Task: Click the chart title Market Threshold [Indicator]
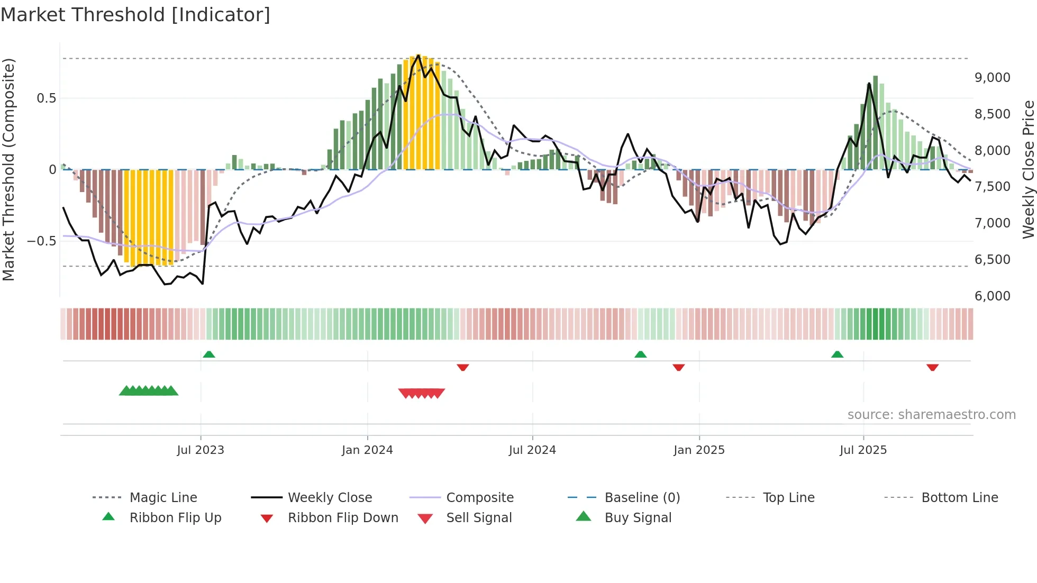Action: (135, 15)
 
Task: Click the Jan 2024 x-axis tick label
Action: (367, 450)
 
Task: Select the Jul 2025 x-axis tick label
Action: (863, 450)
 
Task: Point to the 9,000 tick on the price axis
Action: (993, 78)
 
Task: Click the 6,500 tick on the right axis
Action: (993, 260)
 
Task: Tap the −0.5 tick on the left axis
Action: (41, 241)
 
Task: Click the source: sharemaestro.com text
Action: (931, 415)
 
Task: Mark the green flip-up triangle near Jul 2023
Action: (209, 354)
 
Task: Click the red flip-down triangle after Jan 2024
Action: (463, 367)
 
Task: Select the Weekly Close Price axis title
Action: (1028, 169)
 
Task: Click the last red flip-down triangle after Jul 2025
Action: (932, 367)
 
